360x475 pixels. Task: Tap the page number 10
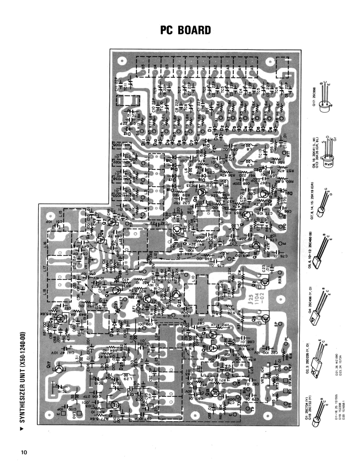(25, 452)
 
